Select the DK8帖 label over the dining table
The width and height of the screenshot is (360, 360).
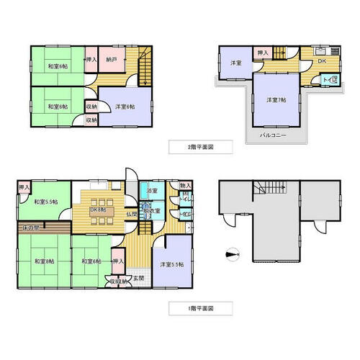click(x=98, y=210)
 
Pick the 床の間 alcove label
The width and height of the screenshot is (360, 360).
click(x=32, y=228)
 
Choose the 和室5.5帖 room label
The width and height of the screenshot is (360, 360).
click(x=45, y=202)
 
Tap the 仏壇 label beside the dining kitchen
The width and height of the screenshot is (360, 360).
click(x=132, y=215)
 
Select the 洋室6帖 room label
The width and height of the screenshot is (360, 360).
click(x=125, y=106)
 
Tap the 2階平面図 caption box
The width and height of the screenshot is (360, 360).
click(x=200, y=146)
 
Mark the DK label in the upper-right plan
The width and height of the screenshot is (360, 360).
click(x=322, y=62)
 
